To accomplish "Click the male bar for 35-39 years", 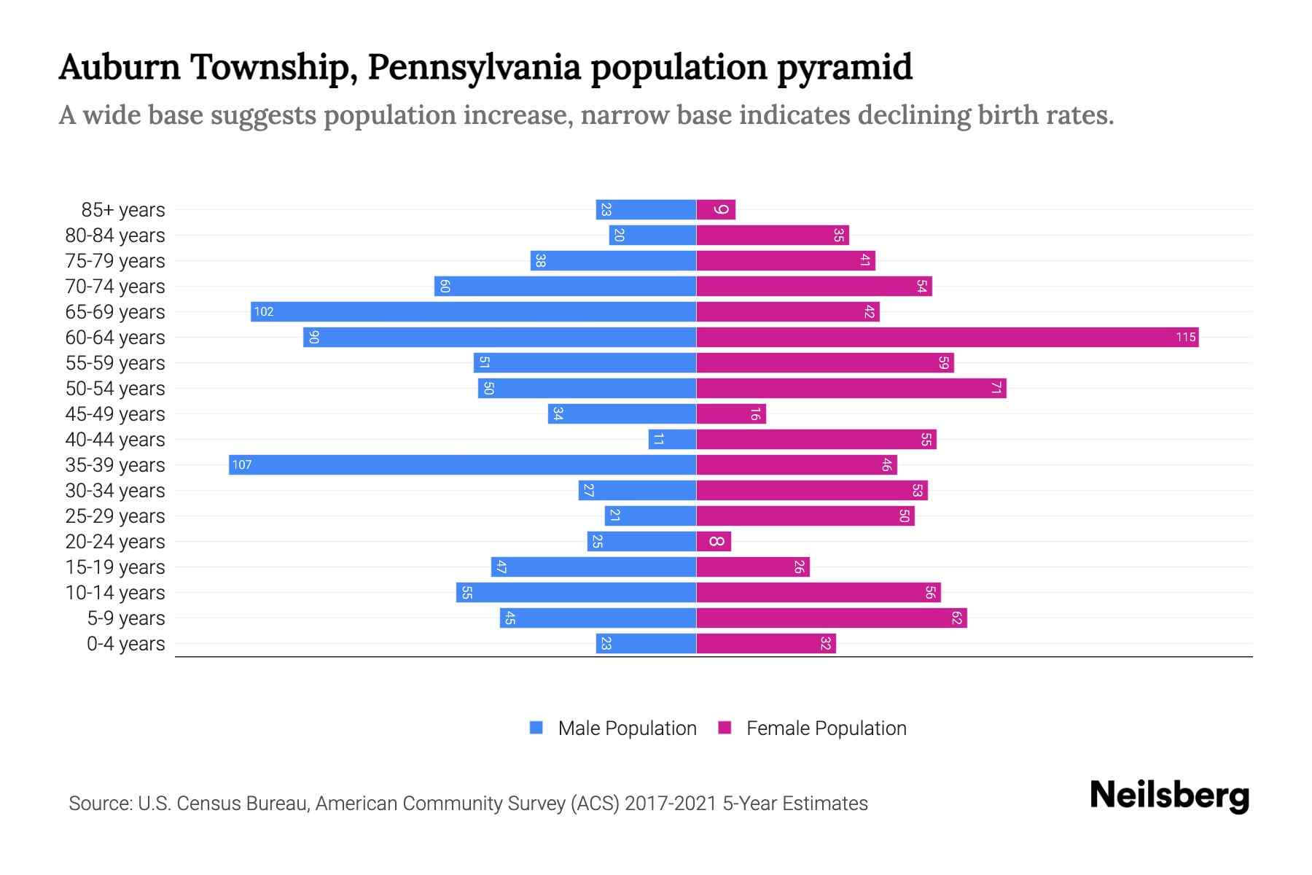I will [x=462, y=465].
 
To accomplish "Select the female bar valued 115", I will [x=947, y=338].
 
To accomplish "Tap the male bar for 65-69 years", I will [x=473, y=312].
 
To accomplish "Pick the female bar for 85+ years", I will [x=716, y=210].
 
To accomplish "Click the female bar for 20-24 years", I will [x=714, y=542].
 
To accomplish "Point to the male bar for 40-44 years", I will [x=672, y=440].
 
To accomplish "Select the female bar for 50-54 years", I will [x=851, y=389].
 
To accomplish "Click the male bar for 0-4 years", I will [x=646, y=644].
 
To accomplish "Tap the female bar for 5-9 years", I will [x=831, y=618].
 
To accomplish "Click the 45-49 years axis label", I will [x=115, y=414].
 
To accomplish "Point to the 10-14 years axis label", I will [x=115, y=593].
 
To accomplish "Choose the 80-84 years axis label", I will [x=115, y=236].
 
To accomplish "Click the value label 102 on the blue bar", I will [x=263, y=312].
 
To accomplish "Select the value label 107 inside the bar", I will [x=241, y=465].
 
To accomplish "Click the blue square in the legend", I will [x=536, y=728].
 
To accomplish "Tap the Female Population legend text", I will [x=826, y=728].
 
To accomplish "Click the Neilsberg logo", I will [x=1169, y=796].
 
